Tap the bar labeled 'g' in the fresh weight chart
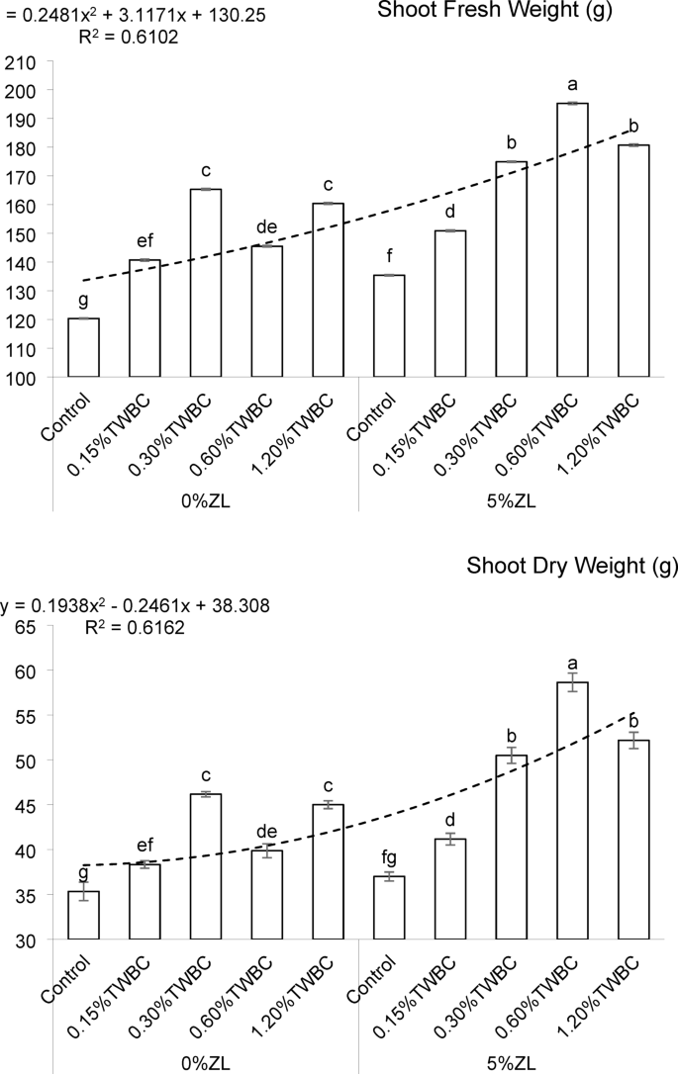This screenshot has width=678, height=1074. coord(83,347)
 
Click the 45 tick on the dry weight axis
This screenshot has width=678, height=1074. coord(26,806)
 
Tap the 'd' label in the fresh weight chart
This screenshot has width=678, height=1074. coord(451,214)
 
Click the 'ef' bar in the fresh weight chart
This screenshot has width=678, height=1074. coord(145,318)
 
